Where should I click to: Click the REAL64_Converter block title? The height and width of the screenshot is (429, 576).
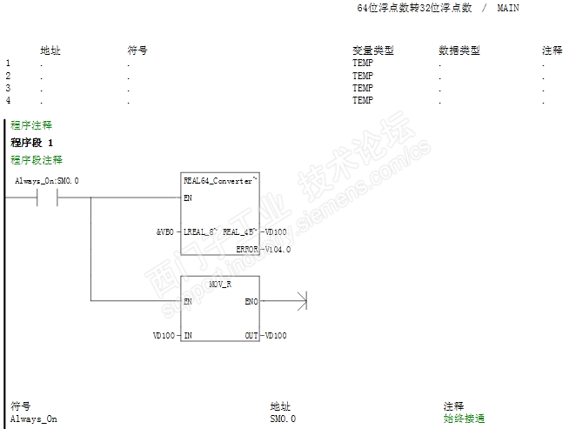[x=218, y=181]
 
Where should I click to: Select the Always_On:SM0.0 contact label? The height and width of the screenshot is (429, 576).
[x=47, y=181]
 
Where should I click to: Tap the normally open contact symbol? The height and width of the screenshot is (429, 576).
[x=47, y=198]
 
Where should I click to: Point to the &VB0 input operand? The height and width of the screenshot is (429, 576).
[x=165, y=231]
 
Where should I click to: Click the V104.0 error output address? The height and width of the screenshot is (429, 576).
[x=278, y=249]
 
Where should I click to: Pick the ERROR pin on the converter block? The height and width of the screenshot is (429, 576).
[x=247, y=249]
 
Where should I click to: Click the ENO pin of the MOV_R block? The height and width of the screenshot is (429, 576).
[x=251, y=301]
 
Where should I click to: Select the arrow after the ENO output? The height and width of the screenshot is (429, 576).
[x=301, y=301]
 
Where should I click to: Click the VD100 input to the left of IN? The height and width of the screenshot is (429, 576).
[x=164, y=335]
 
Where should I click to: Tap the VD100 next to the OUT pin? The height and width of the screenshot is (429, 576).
[x=276, y=335]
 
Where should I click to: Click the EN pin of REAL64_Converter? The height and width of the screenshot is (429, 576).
[x=188, y=198]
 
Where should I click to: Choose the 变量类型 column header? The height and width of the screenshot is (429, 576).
[x=373, y=50]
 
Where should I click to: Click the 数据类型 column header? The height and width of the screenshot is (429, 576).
[x=459, y=50]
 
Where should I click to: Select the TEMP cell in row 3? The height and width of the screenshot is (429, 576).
[x=363, y=88]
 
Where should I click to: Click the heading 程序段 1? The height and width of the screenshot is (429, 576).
[x=32, y=143]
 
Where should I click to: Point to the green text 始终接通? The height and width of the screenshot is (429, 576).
[x=464, y=419]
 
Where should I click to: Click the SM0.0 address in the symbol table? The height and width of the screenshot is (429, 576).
[x=283, y=419]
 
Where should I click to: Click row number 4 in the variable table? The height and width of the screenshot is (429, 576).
[x=8, y=101]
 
